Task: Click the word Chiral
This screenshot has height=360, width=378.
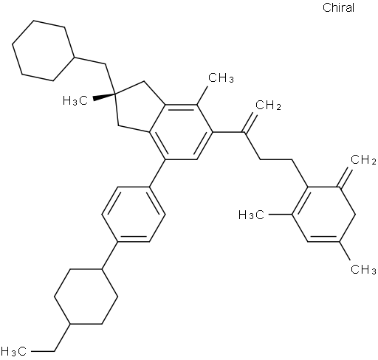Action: pos(338,7)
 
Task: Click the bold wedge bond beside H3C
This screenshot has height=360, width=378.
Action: pos(103,97)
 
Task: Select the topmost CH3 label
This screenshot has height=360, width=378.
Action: pos(221,78)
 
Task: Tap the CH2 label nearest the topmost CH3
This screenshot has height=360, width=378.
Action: pos(268,106)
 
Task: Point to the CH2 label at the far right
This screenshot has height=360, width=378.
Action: pos(363,160)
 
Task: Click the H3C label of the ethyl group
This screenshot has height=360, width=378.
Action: pos(13,351)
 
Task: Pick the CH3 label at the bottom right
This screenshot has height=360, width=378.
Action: pos(363,269)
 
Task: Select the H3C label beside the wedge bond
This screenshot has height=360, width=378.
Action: pos(75,101)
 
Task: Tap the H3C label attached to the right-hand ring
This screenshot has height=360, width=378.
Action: pos(252,215)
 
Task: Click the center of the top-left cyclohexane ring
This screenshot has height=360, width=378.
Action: pos(44,51)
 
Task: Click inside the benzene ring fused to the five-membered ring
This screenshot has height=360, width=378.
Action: pos(181,132)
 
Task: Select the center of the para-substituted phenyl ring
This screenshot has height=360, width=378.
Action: pos(134,215)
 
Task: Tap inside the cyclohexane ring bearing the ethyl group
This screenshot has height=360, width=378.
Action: pos(86,297)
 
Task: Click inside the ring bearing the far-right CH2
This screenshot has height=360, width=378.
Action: pos(323,215)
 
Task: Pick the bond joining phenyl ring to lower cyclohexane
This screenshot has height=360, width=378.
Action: pos(110,256)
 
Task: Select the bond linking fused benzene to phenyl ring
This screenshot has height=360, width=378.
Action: pos(157,173)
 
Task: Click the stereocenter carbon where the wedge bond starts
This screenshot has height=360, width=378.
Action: pos(115,94)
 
